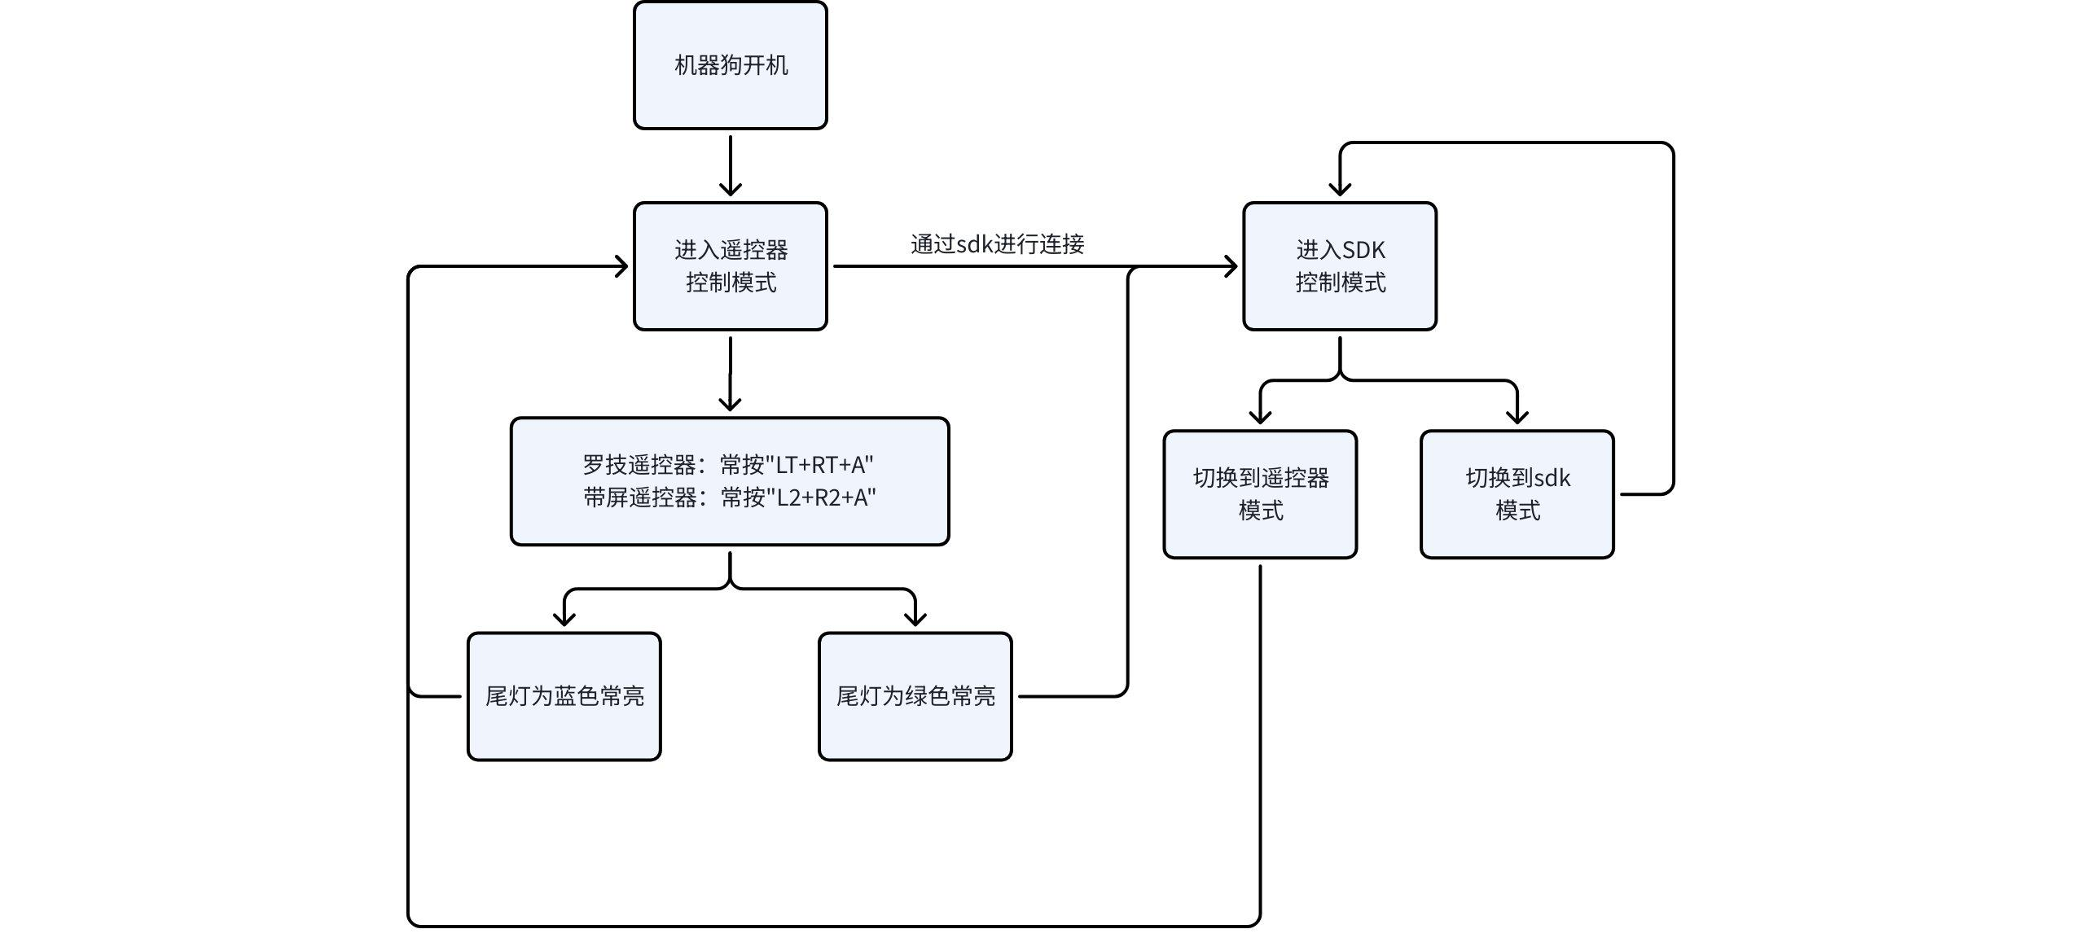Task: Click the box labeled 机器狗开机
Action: (x=730, y=65)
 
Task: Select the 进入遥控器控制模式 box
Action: (x=730, y=266)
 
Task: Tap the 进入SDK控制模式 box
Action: (x=1339, y=266)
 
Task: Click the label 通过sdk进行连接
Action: (x=997, y=243)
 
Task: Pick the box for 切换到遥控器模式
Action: (x=1259, y=494)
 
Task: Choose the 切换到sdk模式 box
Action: (x=1517, y=494)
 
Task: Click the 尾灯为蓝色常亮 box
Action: (x=564, y=696)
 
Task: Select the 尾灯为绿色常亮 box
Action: (x=915, y=696)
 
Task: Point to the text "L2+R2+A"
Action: (x=825, y=497)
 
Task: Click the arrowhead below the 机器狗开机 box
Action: (x=730, y=189)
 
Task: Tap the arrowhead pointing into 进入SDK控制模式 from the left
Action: (x=1231, y=266)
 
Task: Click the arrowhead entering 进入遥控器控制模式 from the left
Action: (x=621, y=266)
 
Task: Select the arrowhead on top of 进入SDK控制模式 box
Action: (x=1340, y=189)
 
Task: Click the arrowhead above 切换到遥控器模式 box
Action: (x=1260, y=417)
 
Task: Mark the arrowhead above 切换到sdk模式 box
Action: (x=1517, y=417)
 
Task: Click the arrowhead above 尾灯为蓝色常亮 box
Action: (x=564, y=619)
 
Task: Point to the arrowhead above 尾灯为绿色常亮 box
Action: (x=915, y=619)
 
